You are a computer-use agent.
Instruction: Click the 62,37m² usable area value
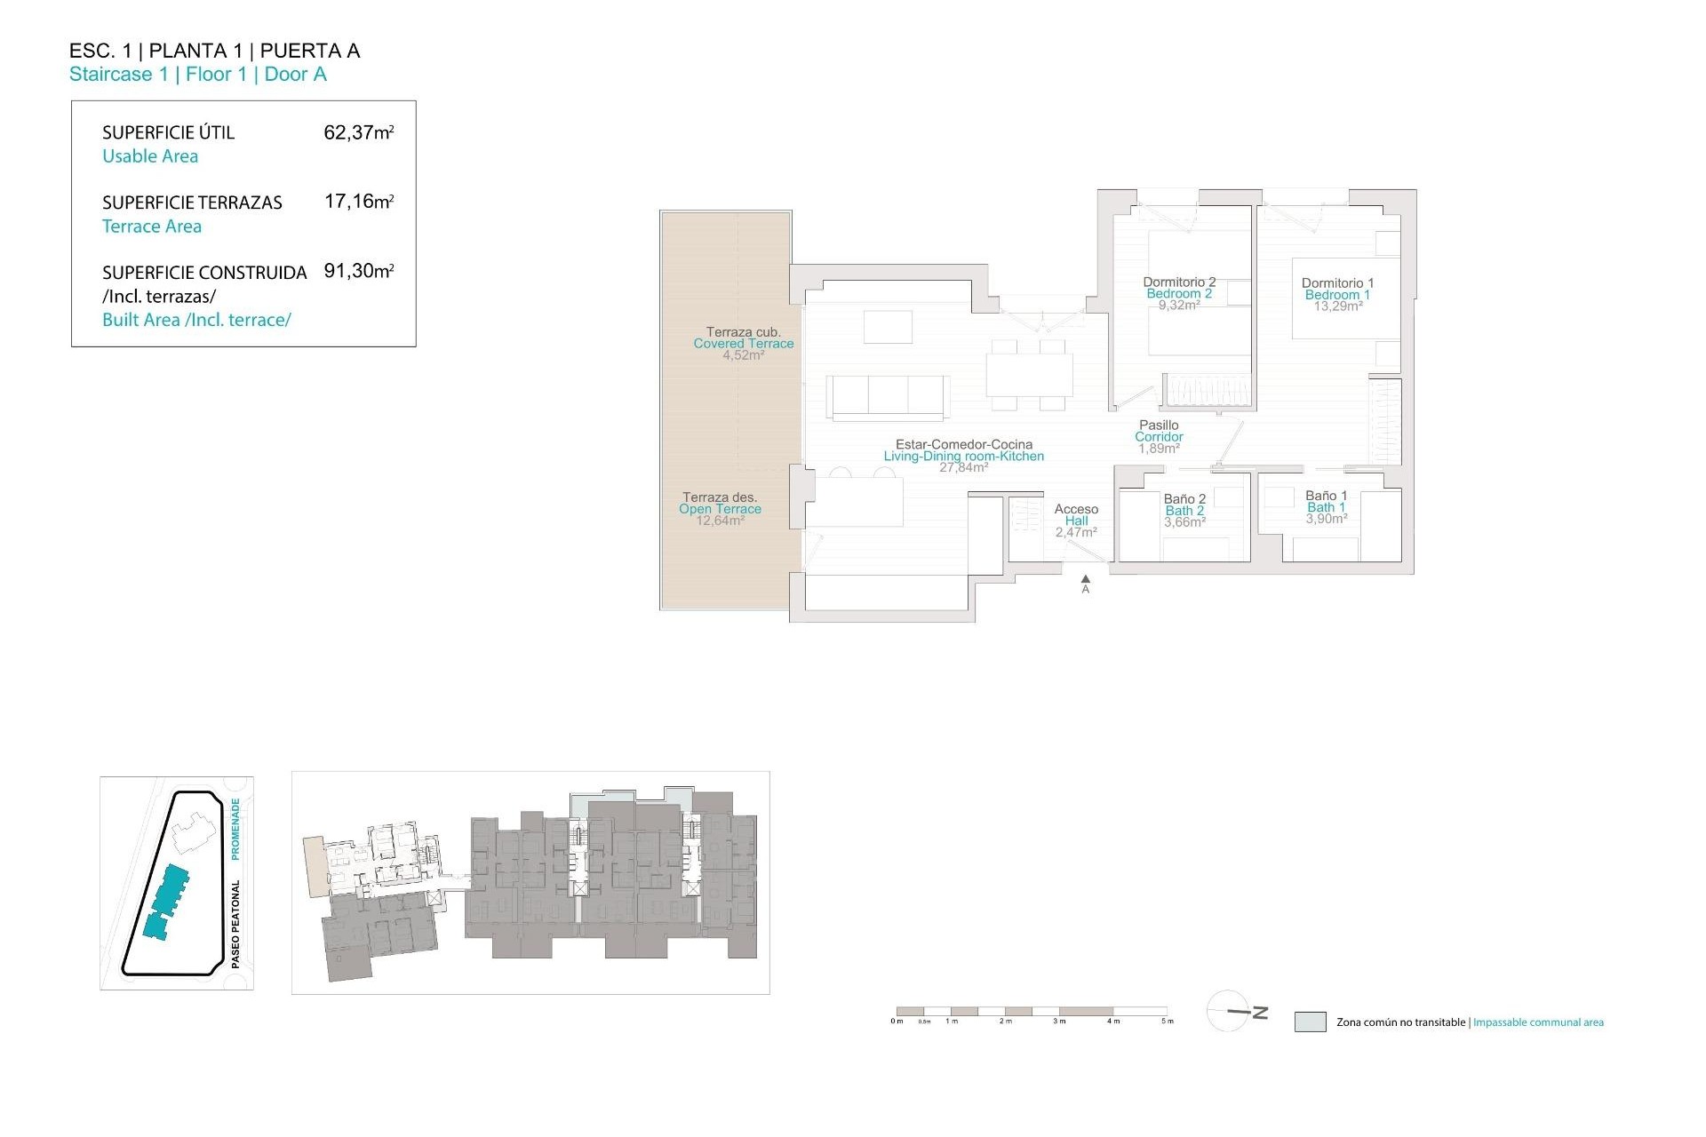click(358, 132)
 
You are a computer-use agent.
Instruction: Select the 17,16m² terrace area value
click(358, 202)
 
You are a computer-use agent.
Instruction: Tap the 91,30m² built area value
click(358, 271)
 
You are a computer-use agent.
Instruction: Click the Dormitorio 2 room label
click(1179, 282)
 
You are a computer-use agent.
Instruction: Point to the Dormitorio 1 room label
click(1337, 283)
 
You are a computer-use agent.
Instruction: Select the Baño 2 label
click(1184, 499)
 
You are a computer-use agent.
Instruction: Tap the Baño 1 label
click(1326, 496)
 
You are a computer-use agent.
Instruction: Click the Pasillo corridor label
click(1159, 425)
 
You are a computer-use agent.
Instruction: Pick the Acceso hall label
click(1076, 509)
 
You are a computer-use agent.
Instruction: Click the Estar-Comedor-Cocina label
click(964, 444)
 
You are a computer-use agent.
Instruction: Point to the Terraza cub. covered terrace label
click(743, 332)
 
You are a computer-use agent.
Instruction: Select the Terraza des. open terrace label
click(719, 497)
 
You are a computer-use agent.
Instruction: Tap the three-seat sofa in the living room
click(888, 395)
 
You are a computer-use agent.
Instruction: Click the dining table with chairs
click(1029, 375)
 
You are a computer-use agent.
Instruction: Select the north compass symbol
click(1237, 1012)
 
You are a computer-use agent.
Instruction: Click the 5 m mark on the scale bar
click(1167, 1021)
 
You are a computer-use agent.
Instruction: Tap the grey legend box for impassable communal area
click(1310, 1022)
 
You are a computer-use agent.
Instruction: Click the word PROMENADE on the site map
click(235, 828)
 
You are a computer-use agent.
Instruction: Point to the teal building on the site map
click(167, 902)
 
